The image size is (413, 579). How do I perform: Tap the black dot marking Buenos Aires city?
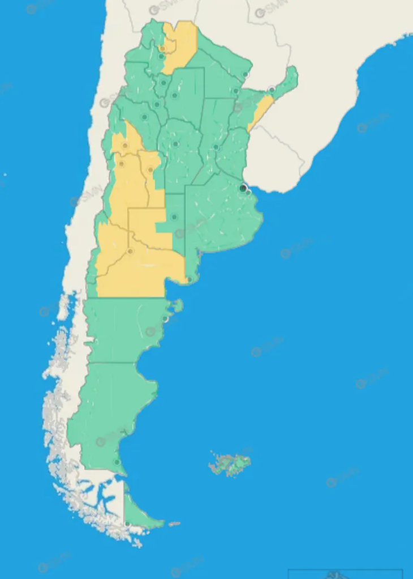pos(243,188)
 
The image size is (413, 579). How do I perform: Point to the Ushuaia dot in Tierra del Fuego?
pos(127,523)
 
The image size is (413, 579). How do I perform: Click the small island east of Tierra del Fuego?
pos(174,524)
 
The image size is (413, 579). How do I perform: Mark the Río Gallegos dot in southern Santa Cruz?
pos(117,462)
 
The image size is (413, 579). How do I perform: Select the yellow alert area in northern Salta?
pos(180,45)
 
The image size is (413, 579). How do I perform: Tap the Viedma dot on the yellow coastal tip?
pos(189,279)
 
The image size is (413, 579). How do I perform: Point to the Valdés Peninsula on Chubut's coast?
pos(178,306)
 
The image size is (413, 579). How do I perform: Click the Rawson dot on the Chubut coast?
pos(165,320)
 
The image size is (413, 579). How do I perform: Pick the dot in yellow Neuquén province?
pos(130,251)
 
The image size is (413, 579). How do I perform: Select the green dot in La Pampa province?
pos(174,216)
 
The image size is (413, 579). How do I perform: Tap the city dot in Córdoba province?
pos(175,144)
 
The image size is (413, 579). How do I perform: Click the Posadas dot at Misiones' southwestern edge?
pos(272,90)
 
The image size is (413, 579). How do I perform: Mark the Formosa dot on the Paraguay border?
pos(246,74)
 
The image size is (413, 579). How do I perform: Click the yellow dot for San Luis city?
pos(150,169)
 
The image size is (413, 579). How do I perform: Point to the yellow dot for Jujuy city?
pos(162,49)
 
